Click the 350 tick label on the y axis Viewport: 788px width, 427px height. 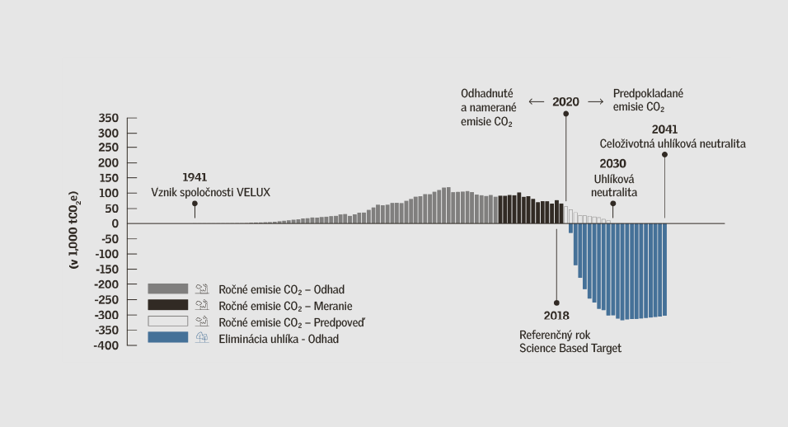tap(109, 118)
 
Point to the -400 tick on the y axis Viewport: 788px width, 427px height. tap(107, 345)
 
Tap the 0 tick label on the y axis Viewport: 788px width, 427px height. tap(116, 223)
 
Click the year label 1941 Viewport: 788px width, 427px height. tap(195, 177)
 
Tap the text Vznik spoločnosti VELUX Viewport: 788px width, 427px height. tap(211, 192)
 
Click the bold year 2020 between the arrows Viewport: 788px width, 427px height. tap(565, 102)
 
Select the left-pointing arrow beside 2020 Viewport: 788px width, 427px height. tap(537, 102)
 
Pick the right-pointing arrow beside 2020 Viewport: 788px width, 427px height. tap(596, 102)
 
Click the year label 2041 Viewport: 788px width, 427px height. tap(664, 129)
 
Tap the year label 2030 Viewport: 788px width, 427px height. tap(612, 163)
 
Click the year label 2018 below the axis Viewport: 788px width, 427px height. tap(556, 317)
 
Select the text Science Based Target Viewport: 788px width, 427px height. tap(570, 349)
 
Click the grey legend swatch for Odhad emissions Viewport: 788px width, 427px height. tap(168, 289)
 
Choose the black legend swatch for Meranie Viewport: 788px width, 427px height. tap(168, 305)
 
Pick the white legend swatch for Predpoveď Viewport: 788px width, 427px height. tap(168, 321)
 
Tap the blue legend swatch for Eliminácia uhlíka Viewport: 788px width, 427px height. tap(168, 338)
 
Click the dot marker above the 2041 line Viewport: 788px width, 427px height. tap(664, 154)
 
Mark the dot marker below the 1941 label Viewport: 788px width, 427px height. tap(195, 204)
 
